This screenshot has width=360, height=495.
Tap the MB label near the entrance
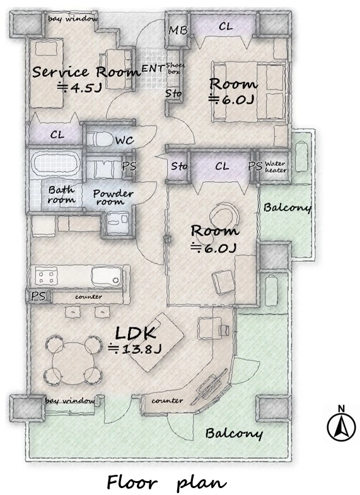tap(178, 30)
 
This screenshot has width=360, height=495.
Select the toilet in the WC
tap(100, 139)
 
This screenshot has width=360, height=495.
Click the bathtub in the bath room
tap(55, 164)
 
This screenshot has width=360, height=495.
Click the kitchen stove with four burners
tap(47, 276)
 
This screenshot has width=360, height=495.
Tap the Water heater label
tap(276, 166)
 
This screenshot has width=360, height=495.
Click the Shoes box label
tap(175, 69)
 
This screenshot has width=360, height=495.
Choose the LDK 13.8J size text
tap(135, 349)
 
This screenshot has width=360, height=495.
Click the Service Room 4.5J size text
tap(79, 88)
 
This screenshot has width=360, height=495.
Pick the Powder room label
tap(113, 197)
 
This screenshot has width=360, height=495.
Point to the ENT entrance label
tap(153, 68)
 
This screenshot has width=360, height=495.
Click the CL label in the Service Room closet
tap(57, 135)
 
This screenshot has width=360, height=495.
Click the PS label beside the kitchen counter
tap(38, 296)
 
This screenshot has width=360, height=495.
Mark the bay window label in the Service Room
tap(73, 19)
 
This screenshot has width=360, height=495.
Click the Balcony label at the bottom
tap(234, 433)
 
